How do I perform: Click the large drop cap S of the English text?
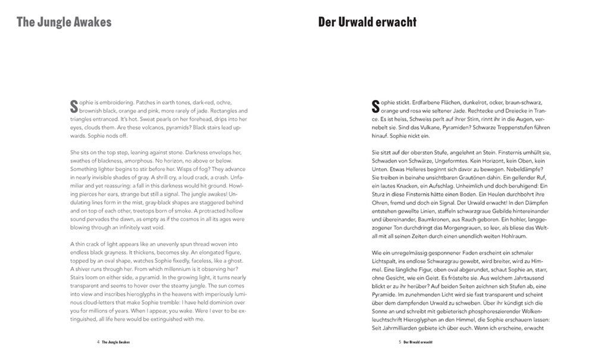74,107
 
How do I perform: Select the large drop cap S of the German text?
375,107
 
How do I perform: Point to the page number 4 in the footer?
98,343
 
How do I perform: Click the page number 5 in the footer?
399,343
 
